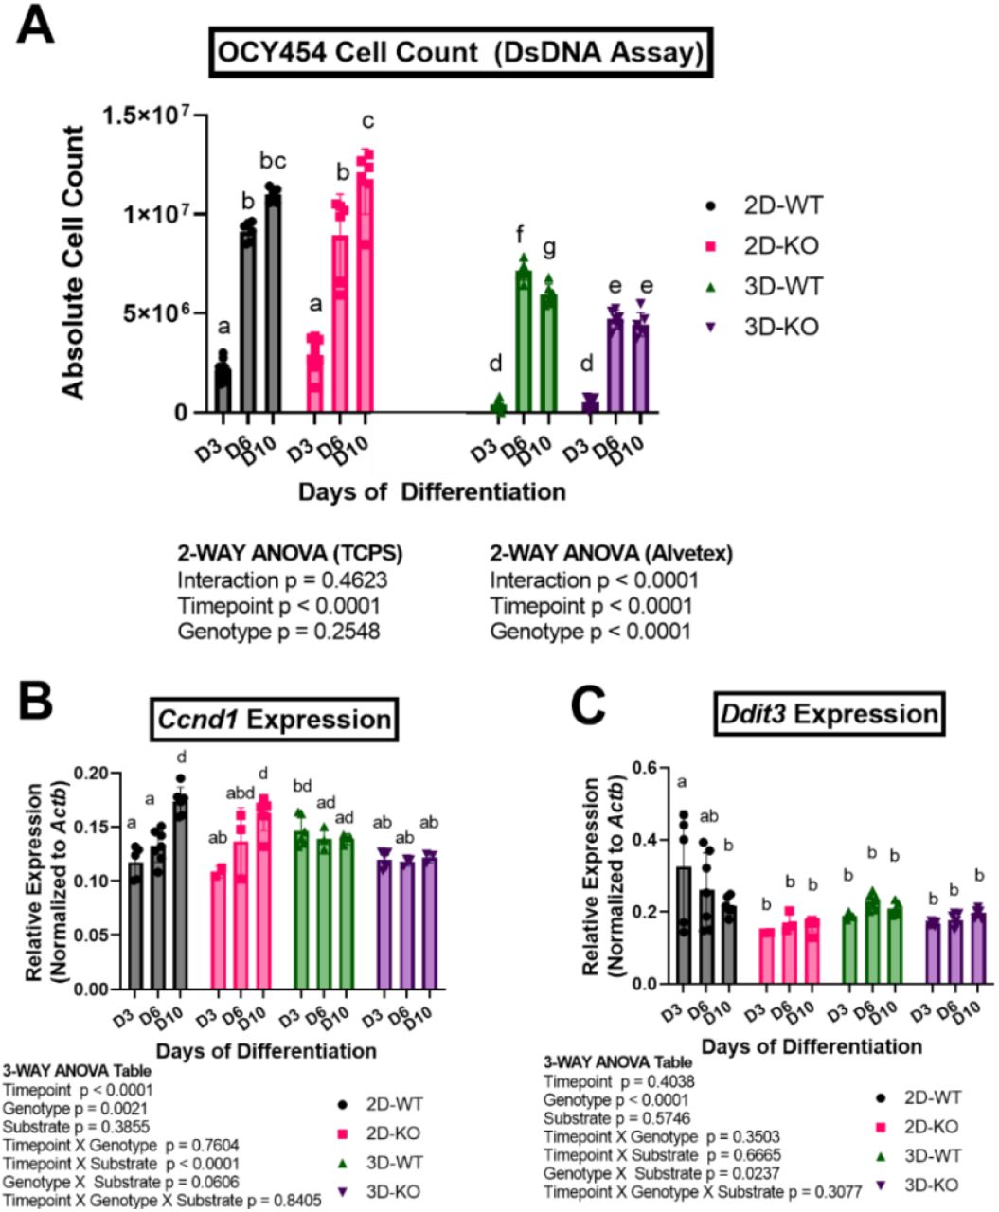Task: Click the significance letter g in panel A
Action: pyautogui.click(x=549, y=248)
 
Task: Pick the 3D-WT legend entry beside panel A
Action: pyautogui.click(x=758, y=287)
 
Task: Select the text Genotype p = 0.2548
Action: pyautogui.click(x=278, y=631)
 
